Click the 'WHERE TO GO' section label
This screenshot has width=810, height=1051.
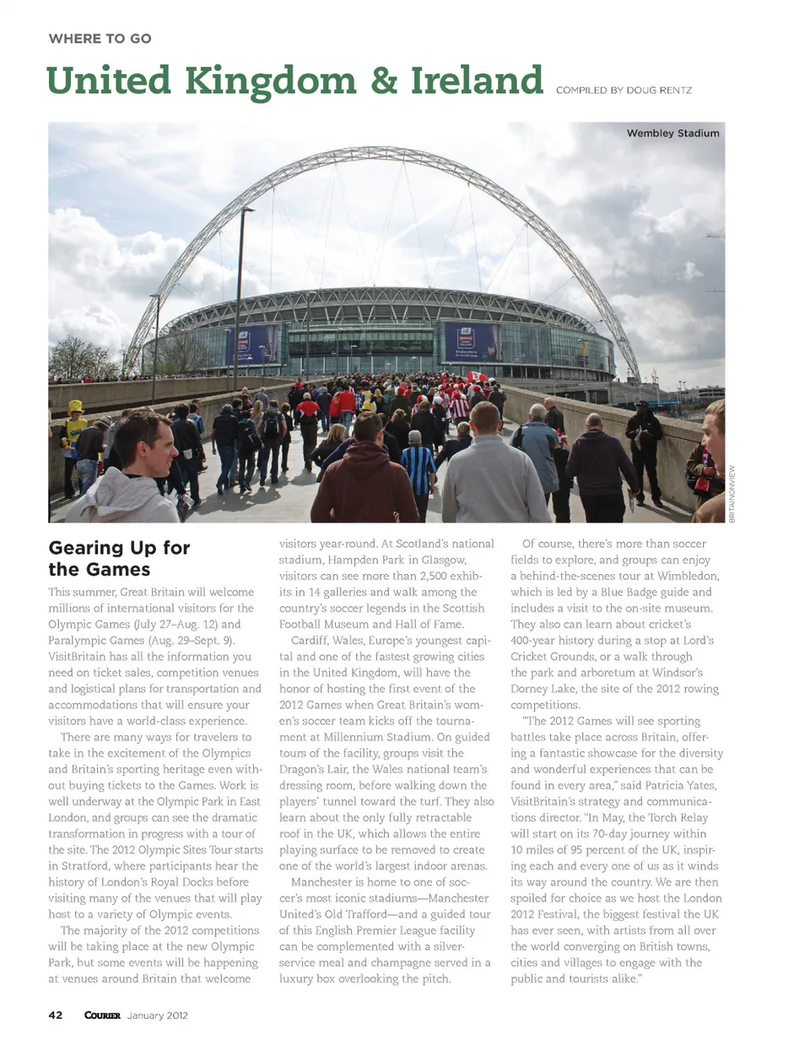[x=100, y=39]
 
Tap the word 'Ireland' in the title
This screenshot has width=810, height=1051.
[x=477, y=81]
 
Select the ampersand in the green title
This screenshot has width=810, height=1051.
[x=383, y=81]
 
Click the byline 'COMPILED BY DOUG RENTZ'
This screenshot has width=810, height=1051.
[x=624, y=89]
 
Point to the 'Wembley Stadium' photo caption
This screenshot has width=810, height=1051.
[x=672, y=133]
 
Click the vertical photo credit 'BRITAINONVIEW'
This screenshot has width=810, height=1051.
[x=732, y=494]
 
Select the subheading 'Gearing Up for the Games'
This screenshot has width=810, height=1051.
[x=119, y=558]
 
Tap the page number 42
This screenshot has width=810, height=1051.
[x=56, y=1015]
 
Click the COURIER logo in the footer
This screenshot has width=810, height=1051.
[x=102, y=1015]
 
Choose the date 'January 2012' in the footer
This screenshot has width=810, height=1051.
[x=158, y=1015]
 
